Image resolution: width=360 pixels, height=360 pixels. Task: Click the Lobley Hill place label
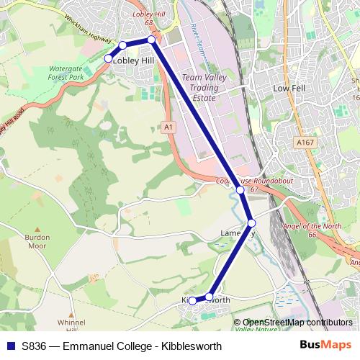(133, 61)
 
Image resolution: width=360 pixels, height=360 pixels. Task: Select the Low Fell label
(289, 87)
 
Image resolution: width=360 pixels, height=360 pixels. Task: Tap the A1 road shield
(168, 127)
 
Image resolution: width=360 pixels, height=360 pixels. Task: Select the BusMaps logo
(325, 346)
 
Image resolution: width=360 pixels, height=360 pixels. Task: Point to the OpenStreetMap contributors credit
(297, 323)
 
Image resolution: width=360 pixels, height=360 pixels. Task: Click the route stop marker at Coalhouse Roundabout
(240, 190)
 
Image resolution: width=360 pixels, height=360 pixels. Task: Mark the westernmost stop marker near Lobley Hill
(108, 58)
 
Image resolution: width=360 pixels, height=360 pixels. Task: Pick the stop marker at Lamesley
(251, 222)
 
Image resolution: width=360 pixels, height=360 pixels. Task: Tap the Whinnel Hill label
(71, 325)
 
